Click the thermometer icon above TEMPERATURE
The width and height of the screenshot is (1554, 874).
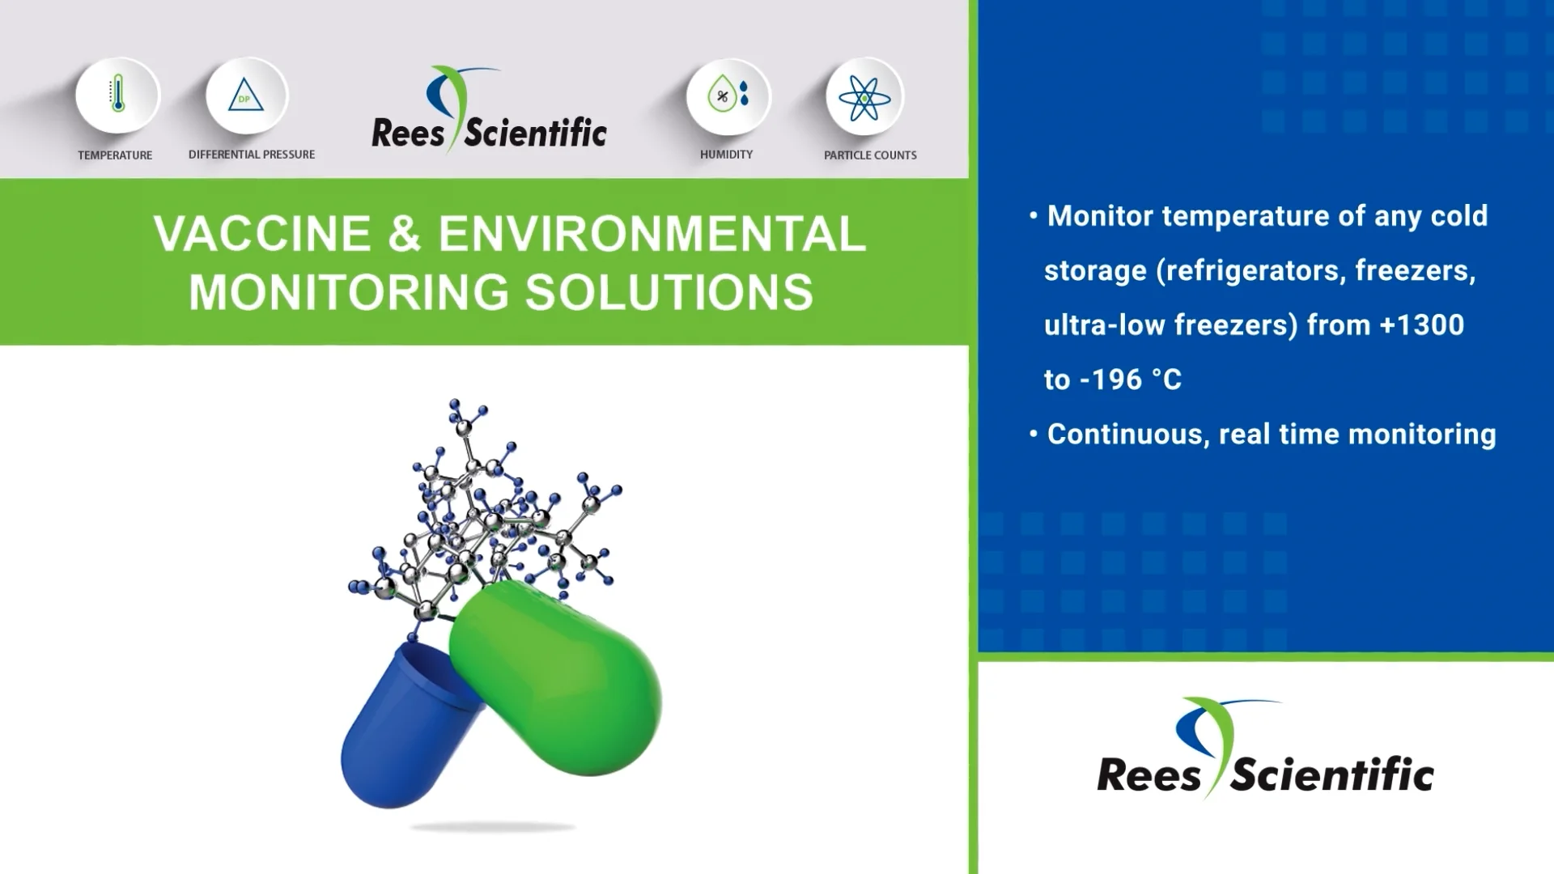tap(118, 95)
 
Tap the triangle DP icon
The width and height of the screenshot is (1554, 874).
tap(246, 95)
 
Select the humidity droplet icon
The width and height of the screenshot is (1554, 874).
tap(728, 95)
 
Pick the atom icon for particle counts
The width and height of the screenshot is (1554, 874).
tap(864, 97)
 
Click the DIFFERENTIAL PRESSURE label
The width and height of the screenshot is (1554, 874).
tap(252, 155)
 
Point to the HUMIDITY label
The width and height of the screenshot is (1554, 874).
tap(726, 155)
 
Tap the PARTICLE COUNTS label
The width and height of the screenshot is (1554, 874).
tap(870, 155)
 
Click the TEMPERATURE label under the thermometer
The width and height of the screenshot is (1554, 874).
tap(115, 155)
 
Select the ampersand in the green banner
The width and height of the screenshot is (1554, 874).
tap(405, 234)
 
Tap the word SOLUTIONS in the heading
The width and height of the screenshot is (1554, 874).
tap(669, 292)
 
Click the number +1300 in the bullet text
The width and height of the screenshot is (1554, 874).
tap(1421, 325)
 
